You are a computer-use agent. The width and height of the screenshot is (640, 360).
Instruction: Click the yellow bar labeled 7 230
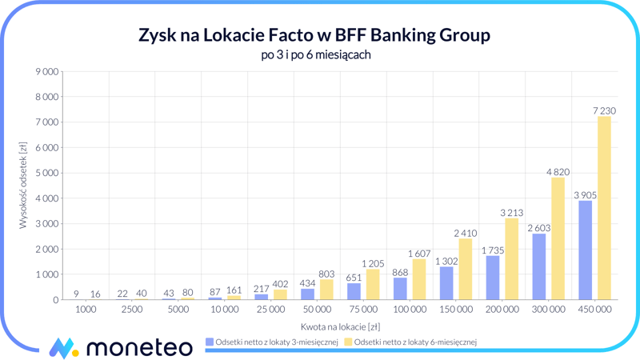coord(604,208)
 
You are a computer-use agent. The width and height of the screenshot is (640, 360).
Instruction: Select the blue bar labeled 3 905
coord(586,250)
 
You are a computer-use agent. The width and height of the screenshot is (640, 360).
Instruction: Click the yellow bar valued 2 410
coord(466,269)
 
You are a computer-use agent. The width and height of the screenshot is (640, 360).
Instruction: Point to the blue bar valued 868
coord(400,288)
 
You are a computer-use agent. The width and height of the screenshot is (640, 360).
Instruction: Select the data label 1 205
coord(373,263)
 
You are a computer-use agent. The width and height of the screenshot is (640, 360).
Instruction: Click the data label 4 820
coord(558,171)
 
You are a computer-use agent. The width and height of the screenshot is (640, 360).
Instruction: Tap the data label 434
coord(308,283)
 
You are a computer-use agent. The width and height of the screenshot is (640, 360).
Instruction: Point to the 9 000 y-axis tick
coord(47,72)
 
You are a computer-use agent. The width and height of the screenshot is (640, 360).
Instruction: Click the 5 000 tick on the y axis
coord(47,173)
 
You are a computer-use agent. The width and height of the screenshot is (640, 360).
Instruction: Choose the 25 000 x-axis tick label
coord(270,309)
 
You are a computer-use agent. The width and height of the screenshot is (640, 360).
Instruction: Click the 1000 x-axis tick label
coord(86,309)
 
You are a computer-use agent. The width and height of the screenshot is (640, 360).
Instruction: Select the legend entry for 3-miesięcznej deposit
coord(271,342)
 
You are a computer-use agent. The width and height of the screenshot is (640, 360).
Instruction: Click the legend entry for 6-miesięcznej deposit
coord(410,342)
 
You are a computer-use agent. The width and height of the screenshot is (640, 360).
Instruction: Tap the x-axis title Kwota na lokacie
coord(340,326)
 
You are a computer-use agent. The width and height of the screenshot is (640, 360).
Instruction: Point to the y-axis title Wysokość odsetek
coord(24,186)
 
